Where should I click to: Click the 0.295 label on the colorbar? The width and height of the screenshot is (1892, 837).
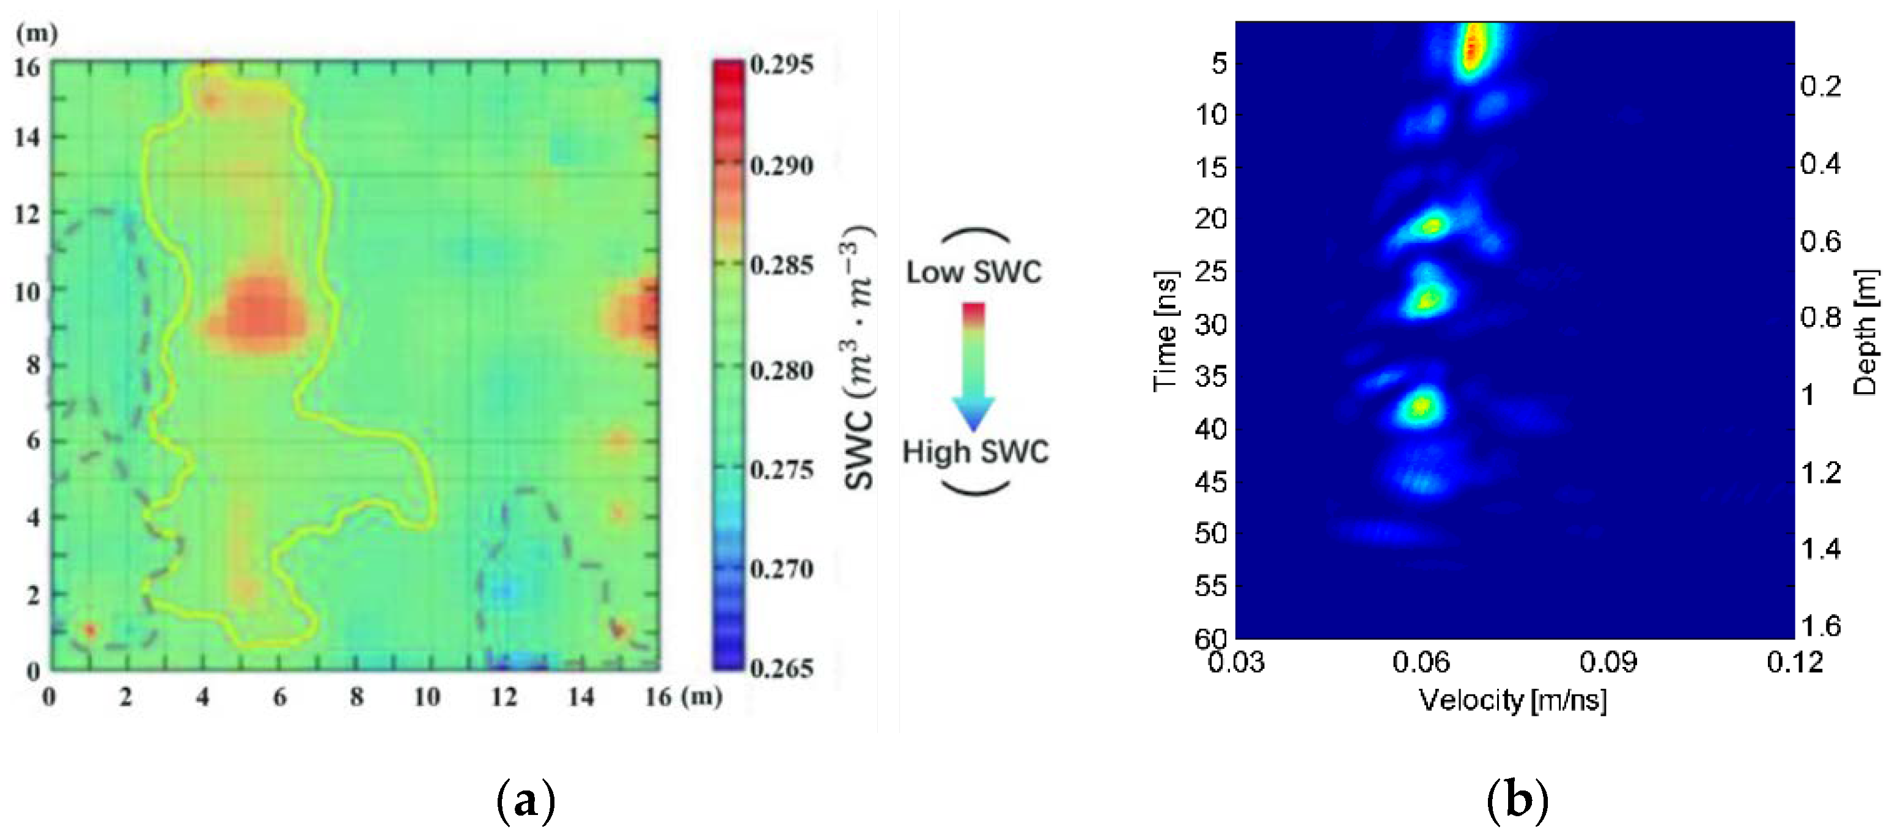point(781,65)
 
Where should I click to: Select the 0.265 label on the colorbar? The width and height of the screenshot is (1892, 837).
point(781,668)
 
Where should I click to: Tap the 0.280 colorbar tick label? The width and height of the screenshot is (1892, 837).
point(781,370)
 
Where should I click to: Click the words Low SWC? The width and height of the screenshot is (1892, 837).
point(973,273)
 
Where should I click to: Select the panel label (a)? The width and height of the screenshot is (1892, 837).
point(526,800)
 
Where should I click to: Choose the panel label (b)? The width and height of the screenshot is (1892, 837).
point(1517,800)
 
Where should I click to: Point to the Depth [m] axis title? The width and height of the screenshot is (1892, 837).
point(1866,332)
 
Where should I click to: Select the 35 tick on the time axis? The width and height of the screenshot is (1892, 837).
point(1210,377)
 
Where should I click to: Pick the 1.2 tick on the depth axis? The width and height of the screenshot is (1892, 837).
point(1820,472)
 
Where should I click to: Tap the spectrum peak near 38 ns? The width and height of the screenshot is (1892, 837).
point(1422,405)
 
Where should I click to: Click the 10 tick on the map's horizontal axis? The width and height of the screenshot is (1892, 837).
point(427,697)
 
